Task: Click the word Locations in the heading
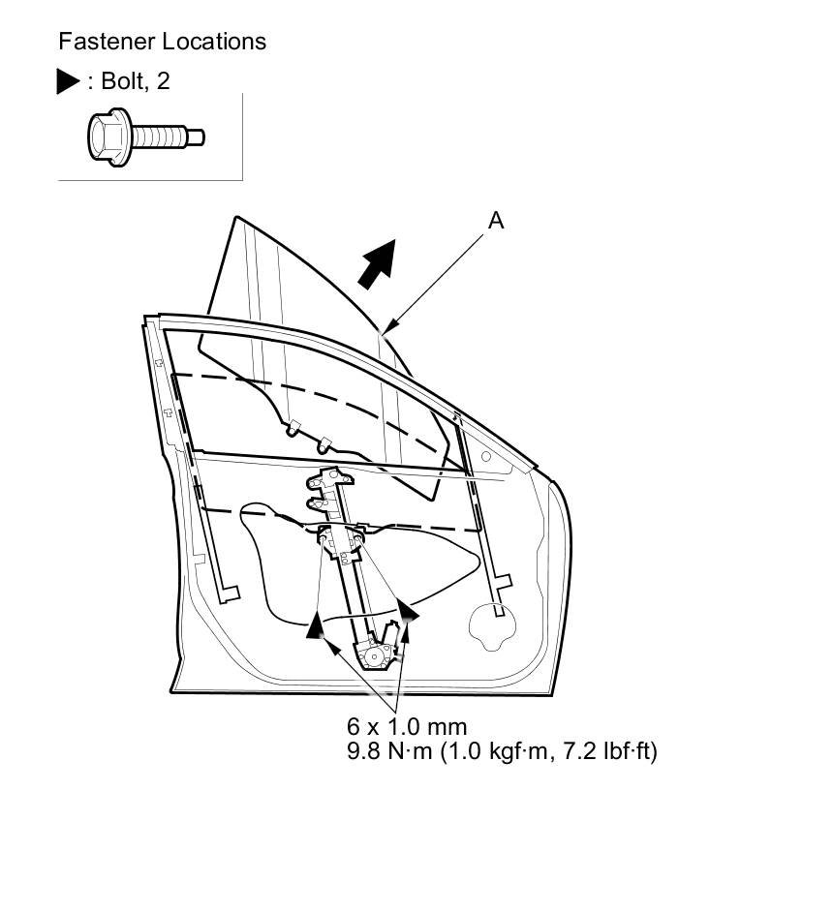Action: coord(214,42)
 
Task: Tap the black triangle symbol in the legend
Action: coord(69,81)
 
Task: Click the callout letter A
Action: coord(495,221)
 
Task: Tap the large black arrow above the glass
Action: coord(378,261)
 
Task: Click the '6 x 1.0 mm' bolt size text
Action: coord(407,726)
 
